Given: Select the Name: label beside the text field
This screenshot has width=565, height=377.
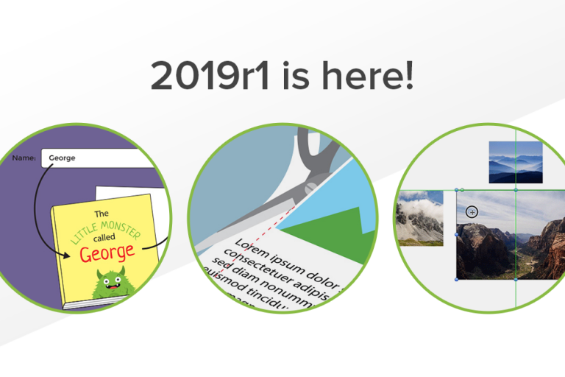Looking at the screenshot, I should click(24, 158).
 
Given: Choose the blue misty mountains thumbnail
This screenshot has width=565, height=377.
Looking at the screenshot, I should click(515, 162).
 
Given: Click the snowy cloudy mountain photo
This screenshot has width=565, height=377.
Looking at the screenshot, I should click(420, 218).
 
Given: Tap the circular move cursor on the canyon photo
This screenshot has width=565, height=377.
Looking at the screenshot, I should click(472, 212).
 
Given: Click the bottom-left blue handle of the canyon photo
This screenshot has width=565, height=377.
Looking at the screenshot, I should click(458, 279).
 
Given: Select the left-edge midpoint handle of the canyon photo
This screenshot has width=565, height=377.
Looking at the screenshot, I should click(458, 234).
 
